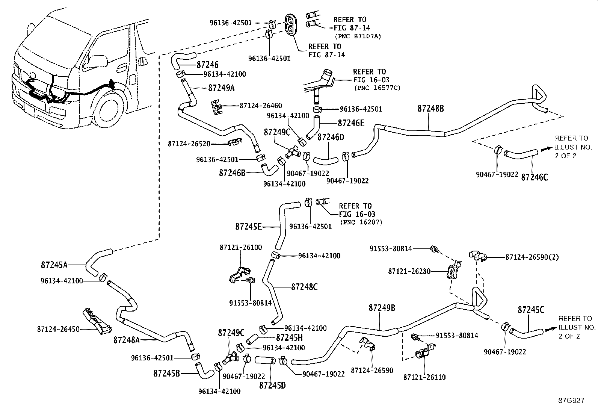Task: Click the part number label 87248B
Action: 430,109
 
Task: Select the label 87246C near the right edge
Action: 534,177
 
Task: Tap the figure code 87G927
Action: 571,401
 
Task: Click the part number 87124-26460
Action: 261,106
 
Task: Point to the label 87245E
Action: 249,227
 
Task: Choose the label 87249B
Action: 382,308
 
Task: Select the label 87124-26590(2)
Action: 532,257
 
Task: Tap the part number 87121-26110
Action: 424,377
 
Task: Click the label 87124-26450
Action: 58,329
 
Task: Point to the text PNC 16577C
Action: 377,88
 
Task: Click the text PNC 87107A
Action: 358,36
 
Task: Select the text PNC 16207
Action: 361,222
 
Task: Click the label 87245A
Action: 54,265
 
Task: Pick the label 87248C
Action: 304,287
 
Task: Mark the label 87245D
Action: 272,385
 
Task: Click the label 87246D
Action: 331,137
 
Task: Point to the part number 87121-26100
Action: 241,248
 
